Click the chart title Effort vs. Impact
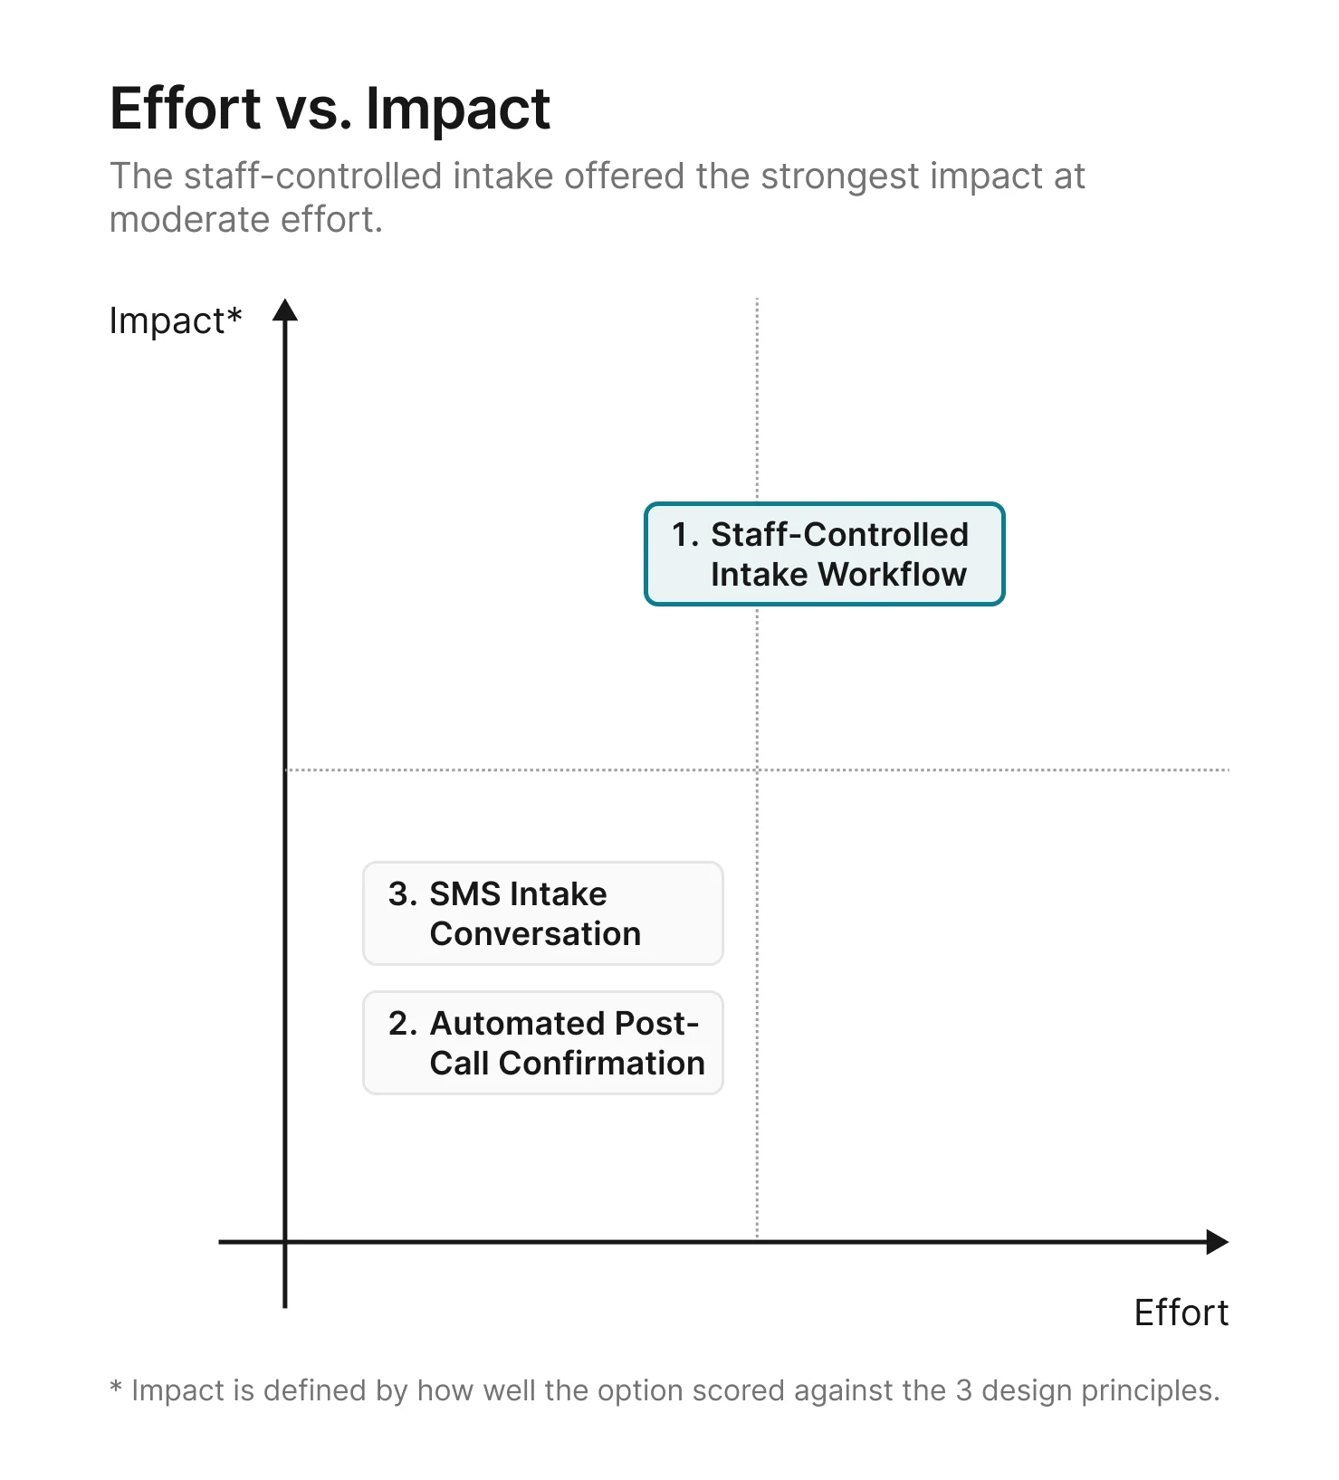[x=330, y=109]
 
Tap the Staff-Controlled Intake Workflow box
[x=824, y=554]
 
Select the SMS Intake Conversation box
[x=542, y=913]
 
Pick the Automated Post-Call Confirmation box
[x=542, y=1043]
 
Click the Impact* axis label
[x=175, y=321]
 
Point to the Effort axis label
[x=1181, y=1313]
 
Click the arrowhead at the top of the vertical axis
[x=285, y=310]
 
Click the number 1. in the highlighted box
[x=685, y=535]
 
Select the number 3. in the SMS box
[x=402, y=894]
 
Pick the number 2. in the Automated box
[x=402, y=1024]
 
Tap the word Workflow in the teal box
[x=892, y=575]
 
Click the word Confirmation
[x=601, y=1064]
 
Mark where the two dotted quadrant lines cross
[x=757, y=769]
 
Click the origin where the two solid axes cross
[x=285, y=1242]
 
